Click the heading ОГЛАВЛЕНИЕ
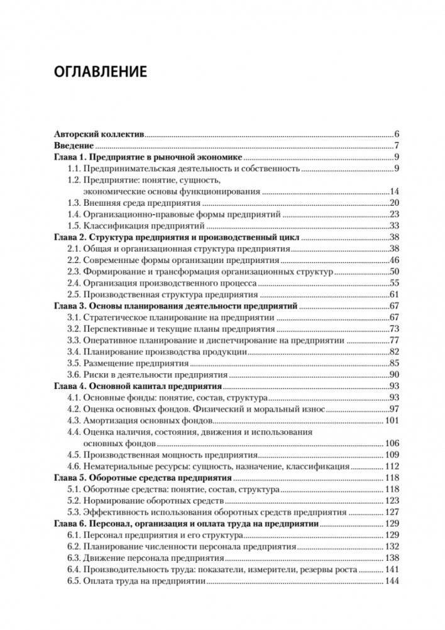click(100, 71)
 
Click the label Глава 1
click(66, 157)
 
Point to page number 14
click(395, 191)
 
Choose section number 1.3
click(74, 203)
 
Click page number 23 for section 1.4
click(395, 214)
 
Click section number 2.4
click(74, 283)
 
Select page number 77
click(395, 340)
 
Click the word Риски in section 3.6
click(96, 374)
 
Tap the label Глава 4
click(66, 386)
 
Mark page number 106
click(393, 443)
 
